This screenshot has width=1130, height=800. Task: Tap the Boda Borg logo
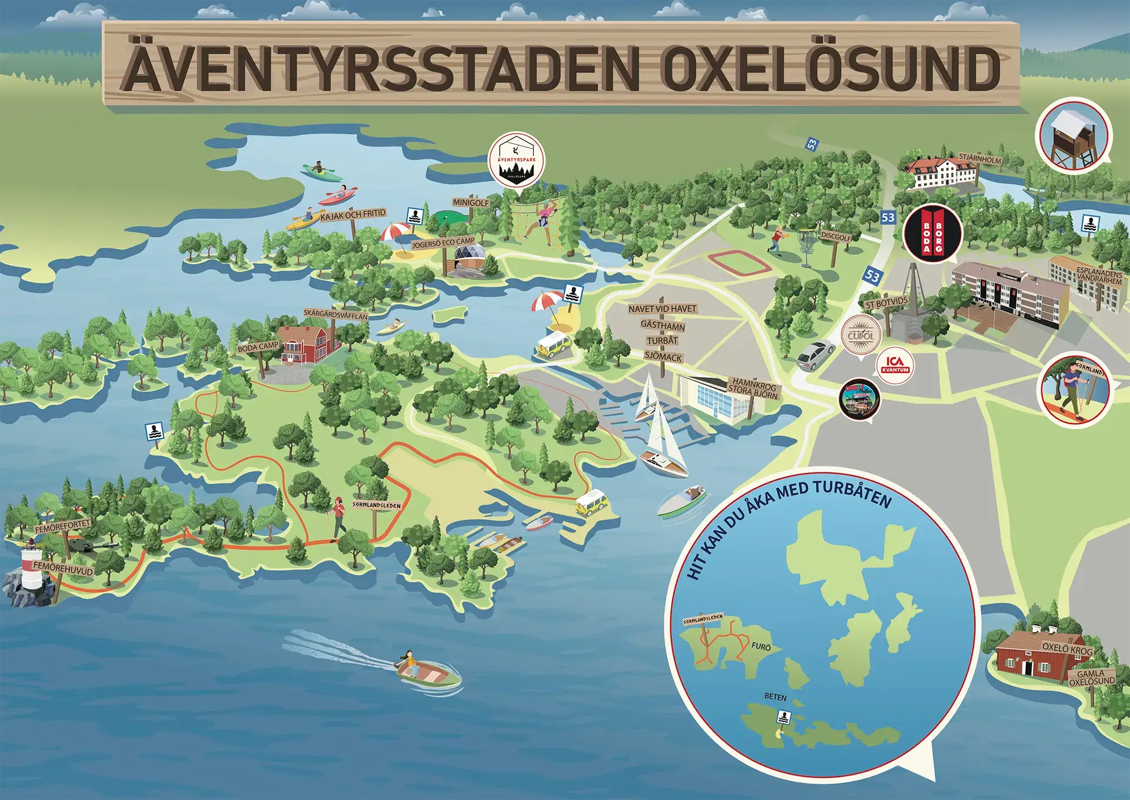click(x=932, y=234)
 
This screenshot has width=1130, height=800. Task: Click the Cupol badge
click(x=860, y=335)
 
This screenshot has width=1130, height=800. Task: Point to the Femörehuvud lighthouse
click(x=31, y=568)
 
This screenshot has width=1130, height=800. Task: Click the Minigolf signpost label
click(x=470, y=203)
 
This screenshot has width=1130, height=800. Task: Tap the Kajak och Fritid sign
click(x=353, y=214)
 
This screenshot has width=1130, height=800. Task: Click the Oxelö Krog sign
click(x=1067, y=649)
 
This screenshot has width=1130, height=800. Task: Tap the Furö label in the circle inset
click(x=761, y=647)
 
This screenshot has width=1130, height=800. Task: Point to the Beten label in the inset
click(x=775, y=697)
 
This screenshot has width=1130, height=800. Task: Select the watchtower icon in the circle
click(x=1073, y=135)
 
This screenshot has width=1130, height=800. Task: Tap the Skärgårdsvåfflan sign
click(x=335, y=315)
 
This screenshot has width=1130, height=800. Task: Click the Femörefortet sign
click(x=62, y=525)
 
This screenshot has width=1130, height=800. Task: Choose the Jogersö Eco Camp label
click(x=443, y=242)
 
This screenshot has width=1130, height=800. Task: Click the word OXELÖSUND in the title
click(x=830, y=69)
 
